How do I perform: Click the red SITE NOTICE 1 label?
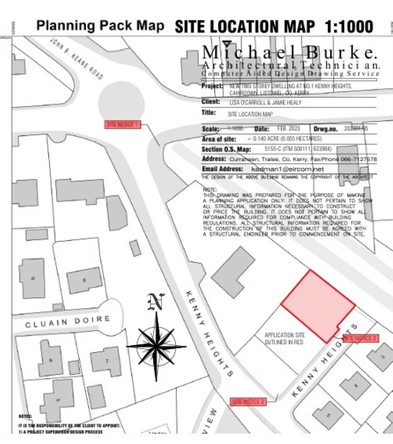[x=123, y=124]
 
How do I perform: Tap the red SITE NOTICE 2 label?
[x=248, y=402]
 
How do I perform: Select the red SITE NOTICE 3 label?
[x=360, y=338]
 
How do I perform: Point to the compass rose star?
[x=156, y=347]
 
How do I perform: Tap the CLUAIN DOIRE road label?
[x=68, y=321]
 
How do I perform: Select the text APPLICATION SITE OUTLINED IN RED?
[x=284, y=339]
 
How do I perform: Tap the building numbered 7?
[x=106, y=361]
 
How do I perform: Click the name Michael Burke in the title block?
[x=289, y=53]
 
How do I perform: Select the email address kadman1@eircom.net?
[x=287, y=169]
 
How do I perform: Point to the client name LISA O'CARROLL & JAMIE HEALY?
[x=265, y=103]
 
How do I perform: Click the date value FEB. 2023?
[x=288, y=128]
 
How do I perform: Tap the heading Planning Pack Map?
[x=100, y=26]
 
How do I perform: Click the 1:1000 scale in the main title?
[x=349, y=27]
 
